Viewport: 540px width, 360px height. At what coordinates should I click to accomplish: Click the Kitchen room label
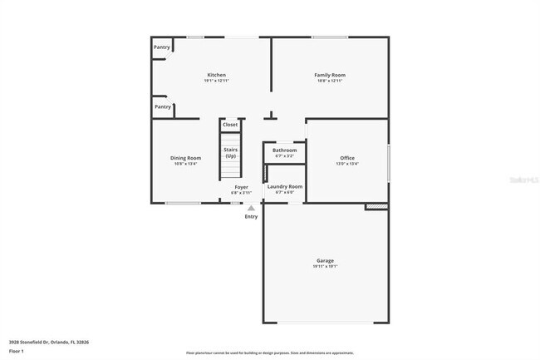click(216, 75)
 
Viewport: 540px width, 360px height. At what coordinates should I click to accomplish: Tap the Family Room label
click(330, 75)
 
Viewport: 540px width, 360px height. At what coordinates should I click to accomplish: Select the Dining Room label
click(185, 158)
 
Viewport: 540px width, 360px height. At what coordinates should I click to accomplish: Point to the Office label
click(347, 158)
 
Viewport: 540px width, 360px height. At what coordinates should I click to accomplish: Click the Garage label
click(325, 260)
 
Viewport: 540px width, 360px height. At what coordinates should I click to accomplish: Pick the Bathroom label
click(284, 150)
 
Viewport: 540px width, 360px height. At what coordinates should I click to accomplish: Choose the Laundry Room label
click(285, 186)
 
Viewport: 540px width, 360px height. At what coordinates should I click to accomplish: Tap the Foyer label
click(241, 187)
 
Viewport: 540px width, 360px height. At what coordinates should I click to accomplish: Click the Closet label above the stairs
click(230, 125)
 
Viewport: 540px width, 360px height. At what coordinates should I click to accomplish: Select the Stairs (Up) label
click(230, 152)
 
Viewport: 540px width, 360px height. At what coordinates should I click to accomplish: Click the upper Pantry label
click(162, 47)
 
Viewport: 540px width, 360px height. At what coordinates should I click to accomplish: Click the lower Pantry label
click(163, 106)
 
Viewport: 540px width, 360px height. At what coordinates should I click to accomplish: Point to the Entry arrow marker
click(251, 208)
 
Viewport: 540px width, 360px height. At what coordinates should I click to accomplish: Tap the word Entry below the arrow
click(251, 217)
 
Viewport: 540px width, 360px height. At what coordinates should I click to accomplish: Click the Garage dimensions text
click(325, 266)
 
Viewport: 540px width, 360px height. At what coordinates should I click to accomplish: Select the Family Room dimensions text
click(330, 81)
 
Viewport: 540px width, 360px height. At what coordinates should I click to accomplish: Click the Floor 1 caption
click(17, 351)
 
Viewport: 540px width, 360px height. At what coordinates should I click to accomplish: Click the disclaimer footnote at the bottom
click(269, 353)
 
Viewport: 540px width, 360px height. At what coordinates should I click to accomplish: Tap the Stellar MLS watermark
click(523, 179)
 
